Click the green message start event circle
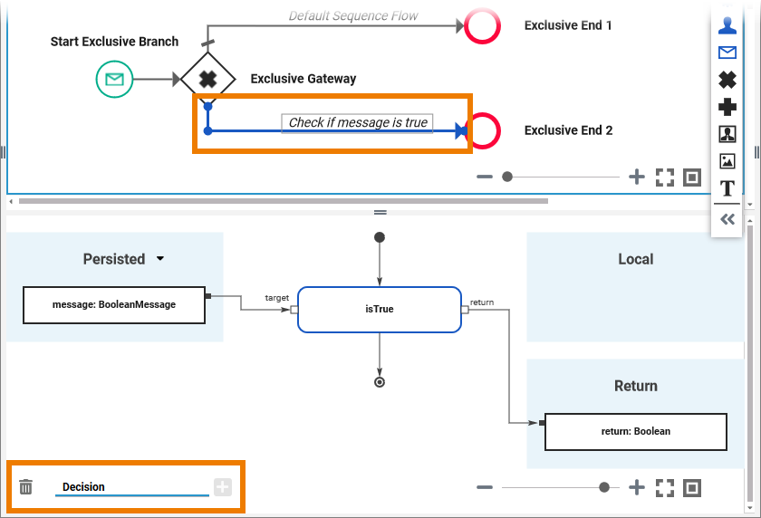tap(114, 80)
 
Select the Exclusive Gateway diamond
tap(207, 79)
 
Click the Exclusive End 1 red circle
tap(482, 25)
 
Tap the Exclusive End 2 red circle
tap(483, 130)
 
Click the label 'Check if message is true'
tap(358, 122)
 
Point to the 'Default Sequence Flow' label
tap(353, 15)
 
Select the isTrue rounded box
tap(379, 309)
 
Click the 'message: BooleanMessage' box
tap(114, 305)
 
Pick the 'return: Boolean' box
tap(635, 432)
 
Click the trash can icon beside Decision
tap(26, 487)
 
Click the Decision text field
tap(131, 487)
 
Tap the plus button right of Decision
tap(223, 487)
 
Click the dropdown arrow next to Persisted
tap(160, 259)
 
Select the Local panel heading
tap(635, 259)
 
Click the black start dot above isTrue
tap(380, 237)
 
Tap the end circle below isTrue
tap(380, 381)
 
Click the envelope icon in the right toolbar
tap(727, 53)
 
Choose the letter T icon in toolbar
tap(727, 188)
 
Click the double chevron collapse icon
tap(727, 219)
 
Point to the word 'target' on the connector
tap(276, 297)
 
